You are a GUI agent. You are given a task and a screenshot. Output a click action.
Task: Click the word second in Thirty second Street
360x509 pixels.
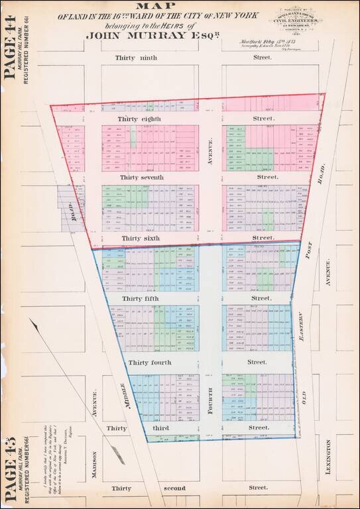point(156,488)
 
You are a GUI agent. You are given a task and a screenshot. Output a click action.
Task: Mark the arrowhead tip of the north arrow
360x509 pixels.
point(29,320)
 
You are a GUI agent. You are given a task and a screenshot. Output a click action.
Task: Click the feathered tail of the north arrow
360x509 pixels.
point(118,454)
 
